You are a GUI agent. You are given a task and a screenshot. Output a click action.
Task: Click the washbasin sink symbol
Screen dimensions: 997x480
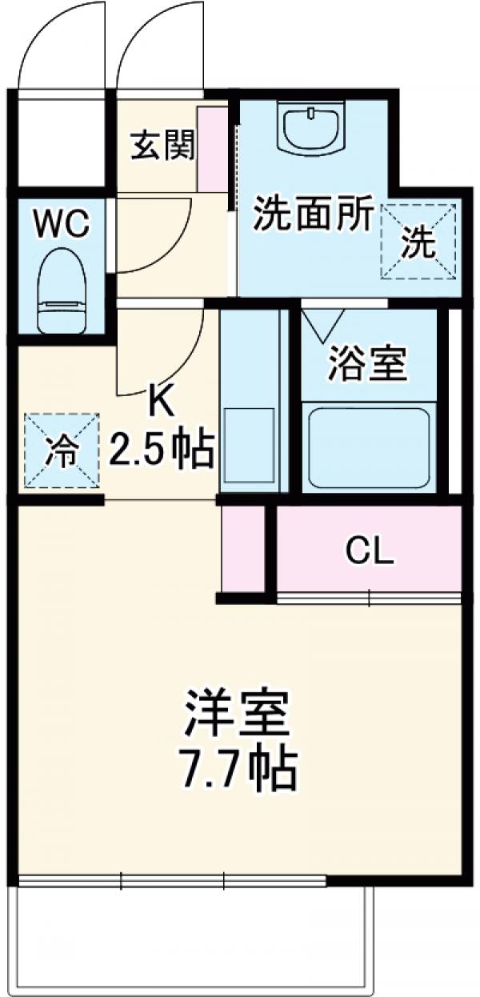coord(312,128)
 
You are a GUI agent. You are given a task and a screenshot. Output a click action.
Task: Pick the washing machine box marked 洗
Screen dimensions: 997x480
coord(418,242)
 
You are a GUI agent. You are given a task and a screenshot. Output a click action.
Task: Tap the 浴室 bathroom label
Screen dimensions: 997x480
coord(368,365)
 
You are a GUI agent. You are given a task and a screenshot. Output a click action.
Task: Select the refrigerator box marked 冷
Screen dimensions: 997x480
coord(62,450)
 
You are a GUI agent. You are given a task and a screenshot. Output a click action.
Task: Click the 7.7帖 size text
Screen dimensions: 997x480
coord(236,770)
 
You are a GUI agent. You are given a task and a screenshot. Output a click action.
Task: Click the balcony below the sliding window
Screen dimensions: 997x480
coord(192,936)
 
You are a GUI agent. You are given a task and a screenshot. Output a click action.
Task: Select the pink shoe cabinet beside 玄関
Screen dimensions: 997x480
coord(213,148)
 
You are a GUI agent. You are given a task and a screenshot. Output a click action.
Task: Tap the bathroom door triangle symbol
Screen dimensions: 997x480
coord(323,323)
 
